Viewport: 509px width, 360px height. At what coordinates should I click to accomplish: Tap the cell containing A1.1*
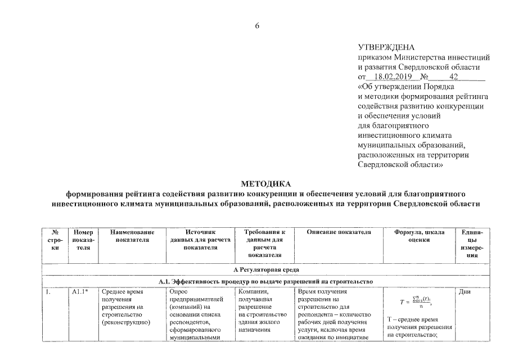point(80,292)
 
